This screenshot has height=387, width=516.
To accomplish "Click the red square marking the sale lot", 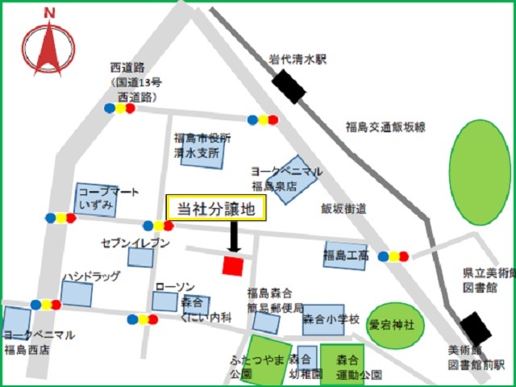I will (233, 265).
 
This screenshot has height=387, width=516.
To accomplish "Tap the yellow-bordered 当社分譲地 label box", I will (215, 209).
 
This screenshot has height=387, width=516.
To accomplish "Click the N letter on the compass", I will (49, 13).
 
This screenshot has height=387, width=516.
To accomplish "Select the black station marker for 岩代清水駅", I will (289, 87).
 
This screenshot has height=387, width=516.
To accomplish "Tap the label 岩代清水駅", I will (298, 60).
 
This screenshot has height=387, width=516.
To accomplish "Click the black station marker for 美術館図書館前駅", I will (476, 329).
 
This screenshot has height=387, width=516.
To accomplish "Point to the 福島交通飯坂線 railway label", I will (385, 127).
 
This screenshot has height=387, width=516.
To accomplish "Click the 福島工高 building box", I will (346, 256).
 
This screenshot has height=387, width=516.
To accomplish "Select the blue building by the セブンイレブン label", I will (140, 257).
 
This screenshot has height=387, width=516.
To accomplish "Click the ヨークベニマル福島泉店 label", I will (286, 177).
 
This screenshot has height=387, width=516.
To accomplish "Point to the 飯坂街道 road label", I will (343, 208).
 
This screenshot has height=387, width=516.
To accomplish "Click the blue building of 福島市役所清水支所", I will (202, 152).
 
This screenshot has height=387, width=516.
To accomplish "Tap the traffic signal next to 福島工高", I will (393, 256).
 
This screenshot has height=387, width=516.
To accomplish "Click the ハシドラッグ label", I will (91, 277).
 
